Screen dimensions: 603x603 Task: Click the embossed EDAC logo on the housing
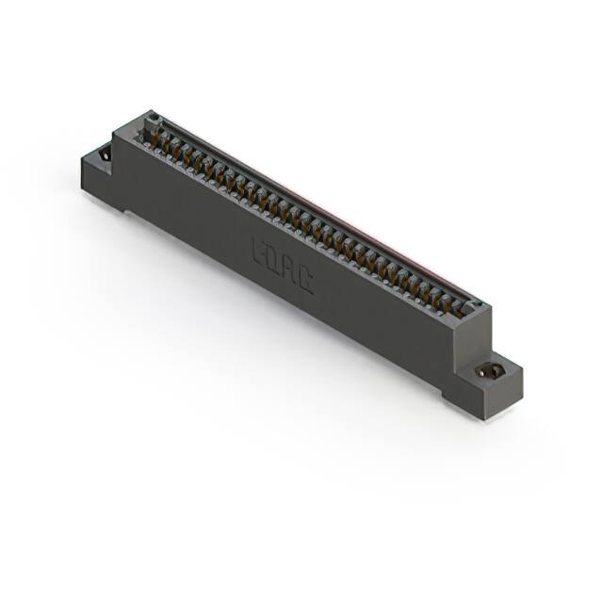point(282,263)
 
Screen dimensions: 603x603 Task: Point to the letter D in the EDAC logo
point(274,258)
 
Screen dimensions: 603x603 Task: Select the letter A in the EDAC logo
point(289,268)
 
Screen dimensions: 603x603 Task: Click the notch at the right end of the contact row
point(476,306)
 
